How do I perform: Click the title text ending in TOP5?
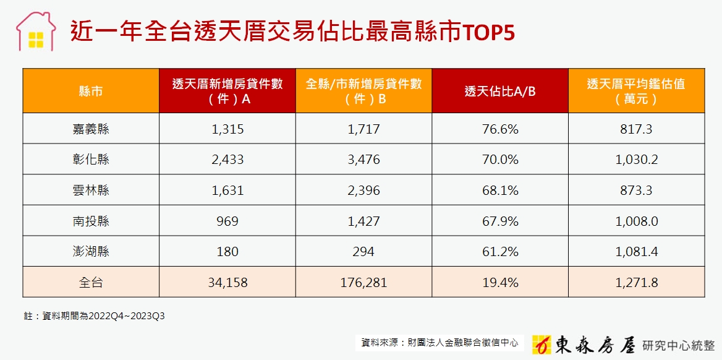292,32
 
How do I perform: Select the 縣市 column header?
91,92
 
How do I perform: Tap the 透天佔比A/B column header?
500,92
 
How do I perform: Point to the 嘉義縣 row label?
91,129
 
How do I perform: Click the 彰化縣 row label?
91,160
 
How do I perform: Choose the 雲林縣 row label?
91,191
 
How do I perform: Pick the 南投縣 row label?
91,221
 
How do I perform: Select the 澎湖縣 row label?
91,252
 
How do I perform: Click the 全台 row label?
91,283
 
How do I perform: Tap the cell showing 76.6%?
500,129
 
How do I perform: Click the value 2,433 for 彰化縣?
227,160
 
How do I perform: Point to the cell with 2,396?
363,191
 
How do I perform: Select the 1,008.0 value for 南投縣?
636,221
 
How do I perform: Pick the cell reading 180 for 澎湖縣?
227,252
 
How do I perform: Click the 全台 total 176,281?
363,283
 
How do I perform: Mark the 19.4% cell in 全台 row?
500,283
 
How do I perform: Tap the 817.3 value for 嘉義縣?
636,129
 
